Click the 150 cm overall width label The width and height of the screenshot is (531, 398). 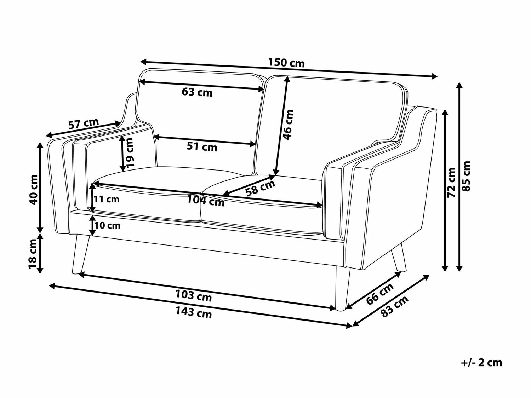point(286,63)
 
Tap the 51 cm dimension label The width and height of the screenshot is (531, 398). point(202,147)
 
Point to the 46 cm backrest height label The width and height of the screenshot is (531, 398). point(289,125)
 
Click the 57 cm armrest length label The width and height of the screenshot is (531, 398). point(84,124)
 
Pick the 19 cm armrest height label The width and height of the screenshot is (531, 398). point(129,152)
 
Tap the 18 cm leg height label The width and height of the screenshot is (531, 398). point(33,254)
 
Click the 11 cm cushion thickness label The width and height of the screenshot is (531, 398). point(107,200)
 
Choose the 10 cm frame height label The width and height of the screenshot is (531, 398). point(107,225)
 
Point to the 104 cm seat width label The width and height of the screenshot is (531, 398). point(206,201)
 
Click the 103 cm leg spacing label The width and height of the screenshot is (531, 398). point(194,296)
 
